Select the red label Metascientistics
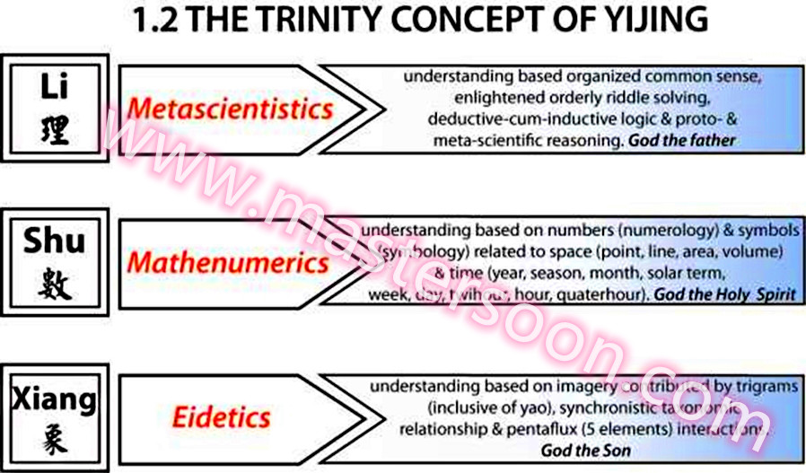point(230,109)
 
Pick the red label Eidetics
point(221,416)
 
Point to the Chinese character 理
point(55,131)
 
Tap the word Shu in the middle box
point(55,240)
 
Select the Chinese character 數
point(55,285)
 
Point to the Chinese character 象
point(55,440)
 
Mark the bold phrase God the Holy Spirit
point(725,294)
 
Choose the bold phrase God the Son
point(585,450)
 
